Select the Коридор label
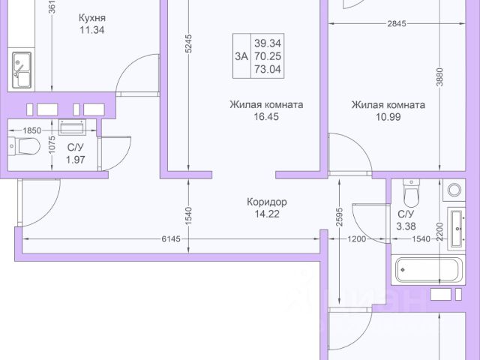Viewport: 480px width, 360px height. pos(268,202)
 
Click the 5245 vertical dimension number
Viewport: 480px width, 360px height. pos(188,45)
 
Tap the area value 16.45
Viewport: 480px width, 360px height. pos(266,118)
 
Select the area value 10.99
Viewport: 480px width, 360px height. pos(388,118)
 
